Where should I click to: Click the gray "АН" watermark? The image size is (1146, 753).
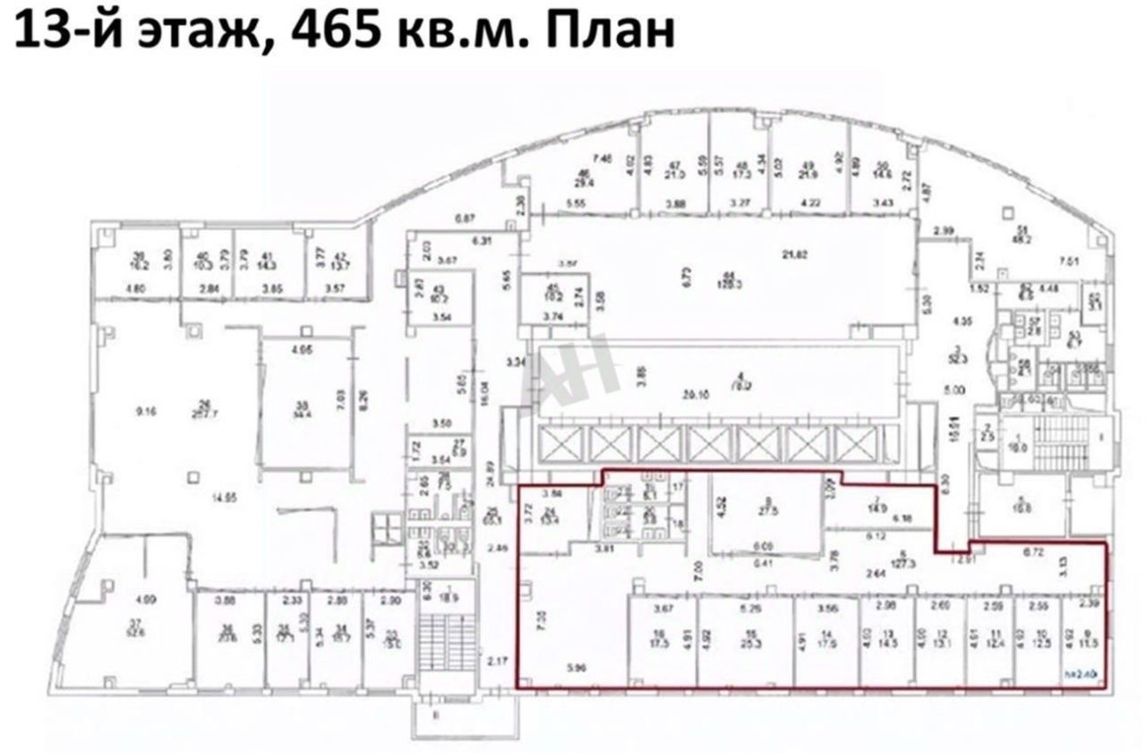coord(579,370)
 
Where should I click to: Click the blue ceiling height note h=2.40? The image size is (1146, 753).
coord(1081,677)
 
